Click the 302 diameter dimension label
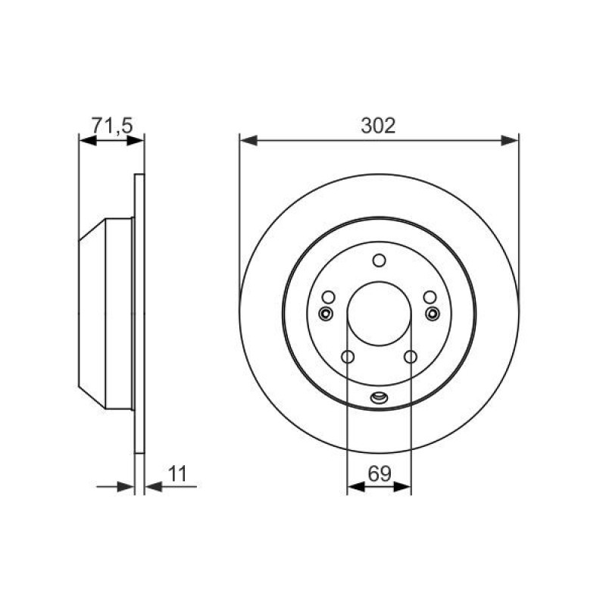(x=378, y=126)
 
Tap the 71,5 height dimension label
(x=112, y=126)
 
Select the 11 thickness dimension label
(x=178, y=474)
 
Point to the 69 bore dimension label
(x=380, y=474)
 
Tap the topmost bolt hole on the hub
(x=380, y=261)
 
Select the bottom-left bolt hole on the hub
(x=348, y=357)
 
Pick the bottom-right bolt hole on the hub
(x=411, y=357)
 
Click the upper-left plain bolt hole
(x=328, y=297)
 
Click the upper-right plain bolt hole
(x=430, y=297)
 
